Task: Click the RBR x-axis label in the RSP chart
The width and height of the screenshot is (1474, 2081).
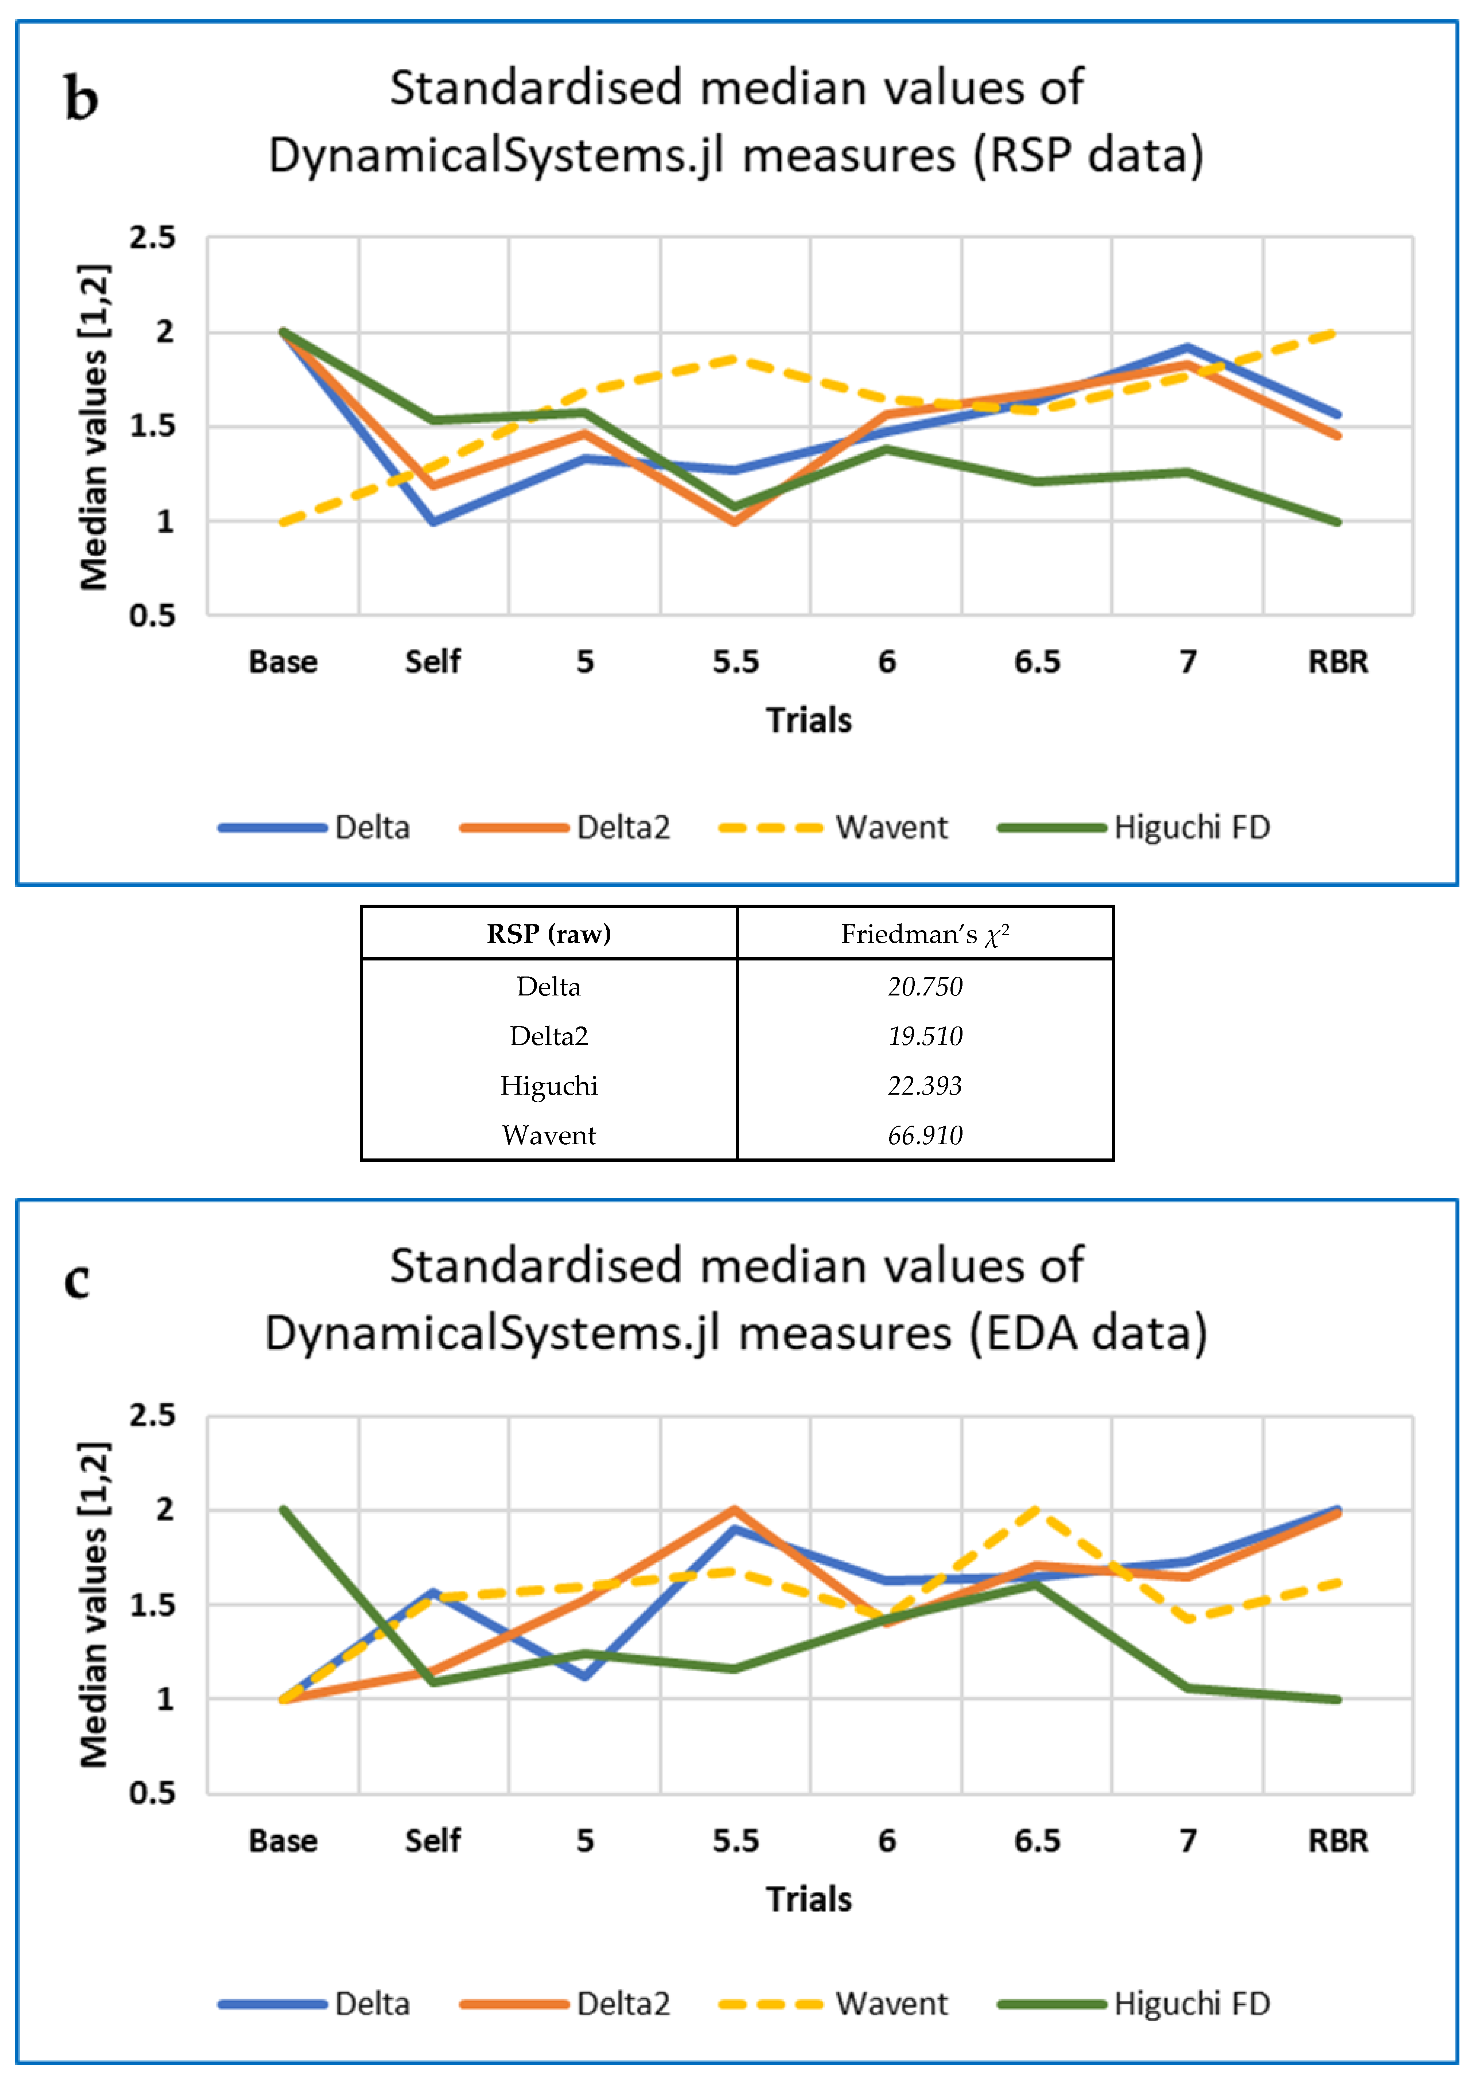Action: (1337, 661)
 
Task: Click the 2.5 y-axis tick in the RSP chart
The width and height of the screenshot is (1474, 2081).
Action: (152, 238)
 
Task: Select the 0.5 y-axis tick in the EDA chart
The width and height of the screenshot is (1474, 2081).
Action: (152, 1793)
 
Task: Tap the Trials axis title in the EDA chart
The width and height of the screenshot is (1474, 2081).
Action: (809, 1899)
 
